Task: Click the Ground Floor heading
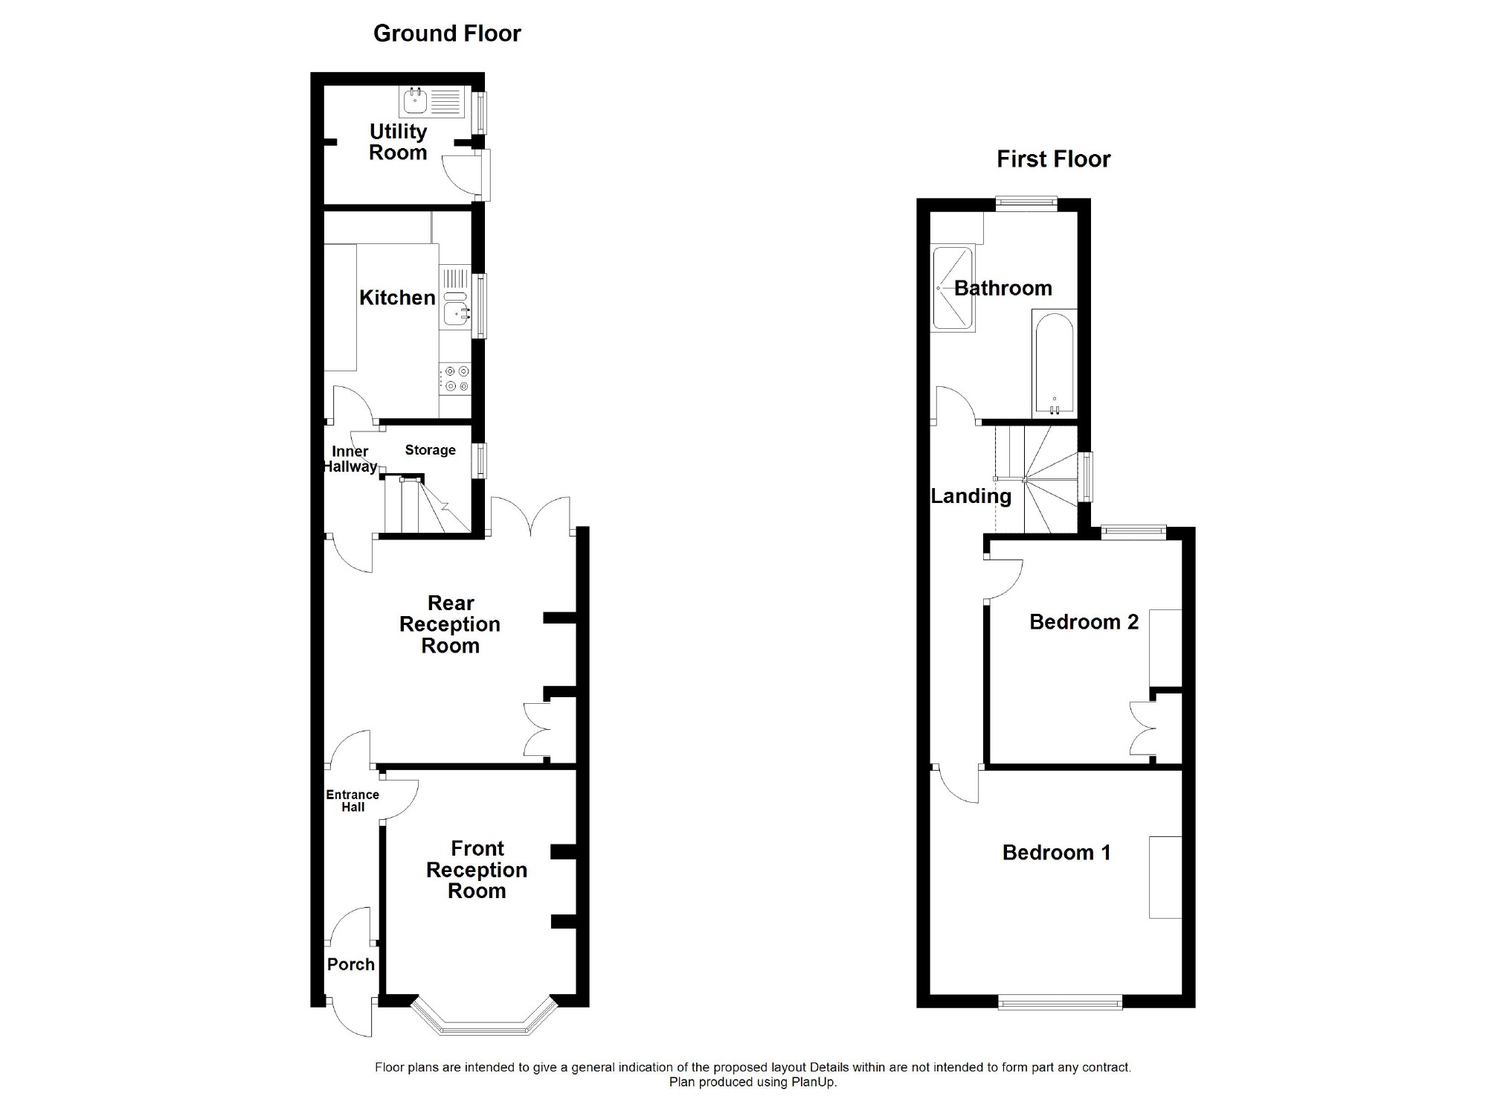click(x=446, y=33)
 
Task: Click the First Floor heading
click(x=1053, y=159)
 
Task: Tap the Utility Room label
click(x=398, y=142)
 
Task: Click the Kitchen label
click(x=397, y=298)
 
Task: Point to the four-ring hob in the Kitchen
click(x=455, y=379)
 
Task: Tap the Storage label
click(x=430, y=450)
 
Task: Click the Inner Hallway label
click(x=350, y=459)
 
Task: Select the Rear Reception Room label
click(x=450, y=624)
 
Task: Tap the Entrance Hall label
click(x=353, y=801)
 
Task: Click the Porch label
click(x=350, y=964)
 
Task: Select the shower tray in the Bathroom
click(x=953, y=288)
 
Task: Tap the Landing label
click(x=971, y=496)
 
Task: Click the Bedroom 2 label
click(x=1084, y=622)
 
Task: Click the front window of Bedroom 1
click(x=1060, y=1003)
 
